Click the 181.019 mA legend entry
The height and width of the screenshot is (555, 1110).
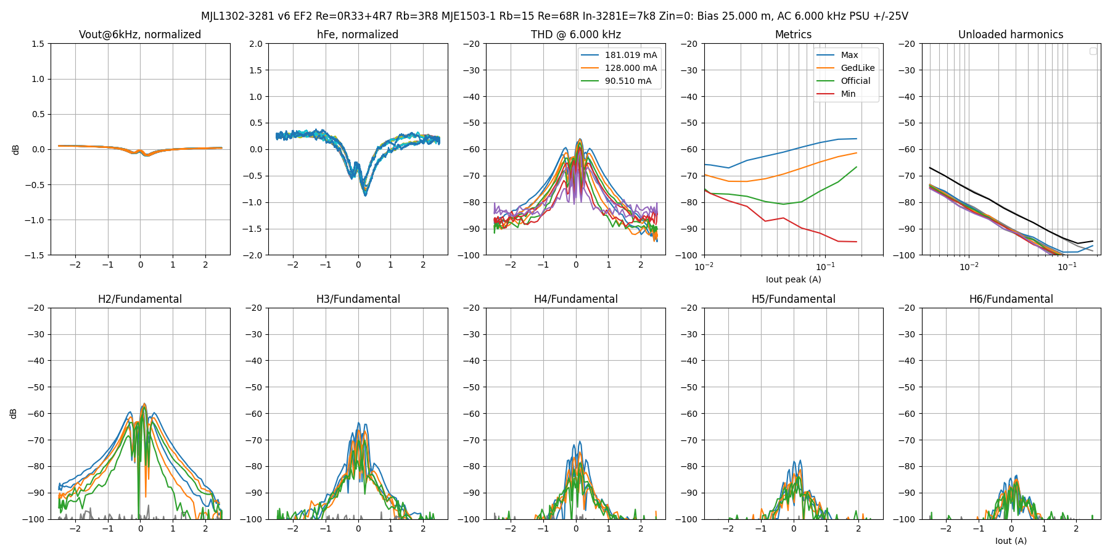coord(619,55)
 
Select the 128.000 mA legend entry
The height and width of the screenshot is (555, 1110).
coord(619,68)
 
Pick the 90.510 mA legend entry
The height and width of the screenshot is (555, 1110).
coord(616,81)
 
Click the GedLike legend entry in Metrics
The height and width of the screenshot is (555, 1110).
coord(845,68)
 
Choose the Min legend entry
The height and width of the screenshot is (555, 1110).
coord(836,94)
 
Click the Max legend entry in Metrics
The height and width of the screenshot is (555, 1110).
coord(837,55)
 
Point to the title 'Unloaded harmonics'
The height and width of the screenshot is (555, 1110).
coord(1011,35)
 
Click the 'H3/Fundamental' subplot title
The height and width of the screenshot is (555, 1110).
coord(358,299)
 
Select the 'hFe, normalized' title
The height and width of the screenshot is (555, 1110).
coord(358,35)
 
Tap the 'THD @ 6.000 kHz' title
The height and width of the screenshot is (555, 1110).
coord(576,35)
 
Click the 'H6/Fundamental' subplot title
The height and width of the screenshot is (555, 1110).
coord(1011,299)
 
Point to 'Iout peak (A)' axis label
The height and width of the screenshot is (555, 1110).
coord(794,279)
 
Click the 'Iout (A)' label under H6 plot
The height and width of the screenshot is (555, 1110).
coord(1011,541)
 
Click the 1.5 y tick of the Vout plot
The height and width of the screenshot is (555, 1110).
coord(38,44)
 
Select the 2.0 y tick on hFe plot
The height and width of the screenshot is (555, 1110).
coord(255,44)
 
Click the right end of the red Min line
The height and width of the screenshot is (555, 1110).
coord(857,242)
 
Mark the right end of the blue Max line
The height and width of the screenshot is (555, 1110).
coord(857,139)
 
